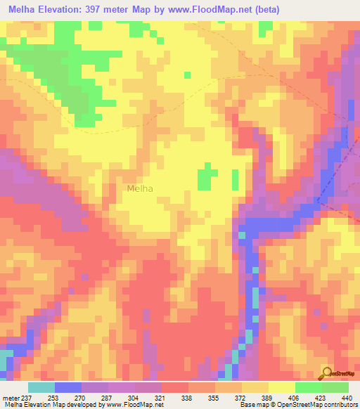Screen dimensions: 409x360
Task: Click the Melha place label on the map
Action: click(140, 188)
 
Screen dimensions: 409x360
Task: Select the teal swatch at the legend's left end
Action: click(41, 387)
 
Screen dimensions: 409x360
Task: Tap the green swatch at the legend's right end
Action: click(335, 387)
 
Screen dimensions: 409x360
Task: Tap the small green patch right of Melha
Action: click(206, 177)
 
